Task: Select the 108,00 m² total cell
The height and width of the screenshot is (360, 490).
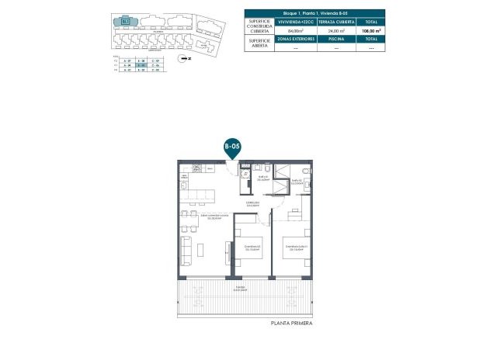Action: click(x=371, y=30)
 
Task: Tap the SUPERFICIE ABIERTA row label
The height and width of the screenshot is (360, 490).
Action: click(x=260, y=43)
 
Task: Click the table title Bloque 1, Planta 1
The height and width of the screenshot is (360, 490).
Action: click(x=315, y=13)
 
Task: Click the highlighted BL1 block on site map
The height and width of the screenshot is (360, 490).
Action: click(x=124, y=22)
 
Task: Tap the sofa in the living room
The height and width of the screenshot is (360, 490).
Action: click(x=186, y=250)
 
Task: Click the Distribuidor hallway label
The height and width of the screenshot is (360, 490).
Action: click(x=252, y=204)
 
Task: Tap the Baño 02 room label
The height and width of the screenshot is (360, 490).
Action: click(x=296, y=182)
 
